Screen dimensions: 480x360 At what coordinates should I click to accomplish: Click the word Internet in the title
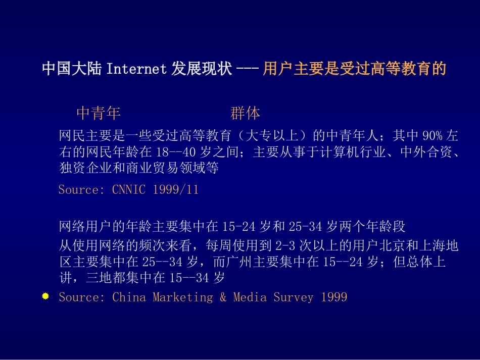(136, 69)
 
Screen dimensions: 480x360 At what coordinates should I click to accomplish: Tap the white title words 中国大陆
(72, 68)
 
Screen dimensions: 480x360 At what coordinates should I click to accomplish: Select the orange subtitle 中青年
(98, 113)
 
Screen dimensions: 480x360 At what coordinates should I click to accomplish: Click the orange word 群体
(245, 113)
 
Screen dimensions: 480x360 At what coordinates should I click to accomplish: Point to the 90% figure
(432, 135)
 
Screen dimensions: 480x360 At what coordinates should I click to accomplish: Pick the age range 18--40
(176, 151)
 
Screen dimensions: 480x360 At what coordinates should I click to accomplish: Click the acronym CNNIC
(129, 190)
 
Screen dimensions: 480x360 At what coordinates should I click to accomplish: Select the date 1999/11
(176, 190)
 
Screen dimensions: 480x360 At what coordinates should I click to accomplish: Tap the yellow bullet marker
(45, 296)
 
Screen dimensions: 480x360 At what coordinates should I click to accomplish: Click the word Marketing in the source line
(183, 297)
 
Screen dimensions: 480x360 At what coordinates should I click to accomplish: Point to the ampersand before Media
(223, 297)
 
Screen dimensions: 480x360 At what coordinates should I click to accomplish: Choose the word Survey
(294, 297)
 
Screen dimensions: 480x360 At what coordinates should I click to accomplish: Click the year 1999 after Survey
(334, 297)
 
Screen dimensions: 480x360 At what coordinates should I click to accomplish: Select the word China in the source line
(129, 297)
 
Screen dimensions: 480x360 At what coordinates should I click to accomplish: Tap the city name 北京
(393, 245)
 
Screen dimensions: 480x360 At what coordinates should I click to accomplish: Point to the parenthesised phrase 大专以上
(272, 135)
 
